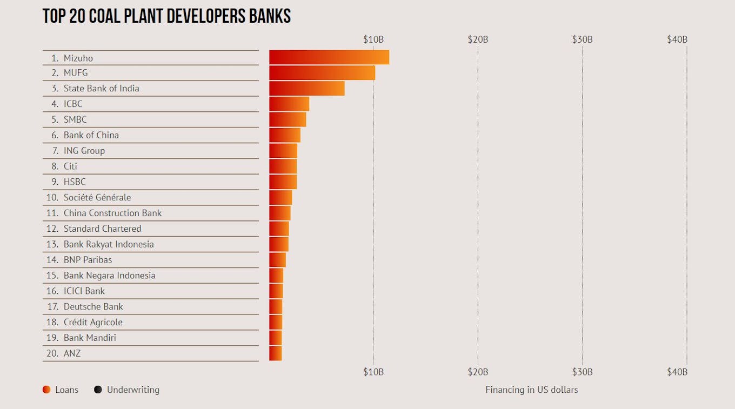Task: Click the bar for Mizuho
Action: click(x=329, y=57)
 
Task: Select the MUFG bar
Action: click(x=322, y=73)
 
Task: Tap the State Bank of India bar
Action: click(x=306, y=89)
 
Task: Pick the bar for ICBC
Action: click(x=289, y=104)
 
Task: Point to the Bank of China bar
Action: click(x=284, y=135)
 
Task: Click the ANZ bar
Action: click(x=275, y=353)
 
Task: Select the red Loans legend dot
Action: click(x=46, y=390)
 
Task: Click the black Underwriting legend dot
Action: click(x=98, y=390)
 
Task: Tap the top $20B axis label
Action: click(x=478, y=39)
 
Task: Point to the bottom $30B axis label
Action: click(x=582, y=372)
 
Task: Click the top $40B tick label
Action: click(x=677, y=39)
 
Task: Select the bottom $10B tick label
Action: click(x=373, y=372)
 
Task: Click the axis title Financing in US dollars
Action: click(x=531, y=390)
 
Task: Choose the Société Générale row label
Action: click(x=97, y=198)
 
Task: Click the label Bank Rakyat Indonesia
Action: click(x=109, y=244)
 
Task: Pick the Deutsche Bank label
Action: click(x=93, y=307)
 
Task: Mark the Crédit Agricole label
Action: click(x=93, y=323)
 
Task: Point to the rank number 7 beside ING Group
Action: click(x=55, y=151)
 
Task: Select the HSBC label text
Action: click(x=75, y=182)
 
